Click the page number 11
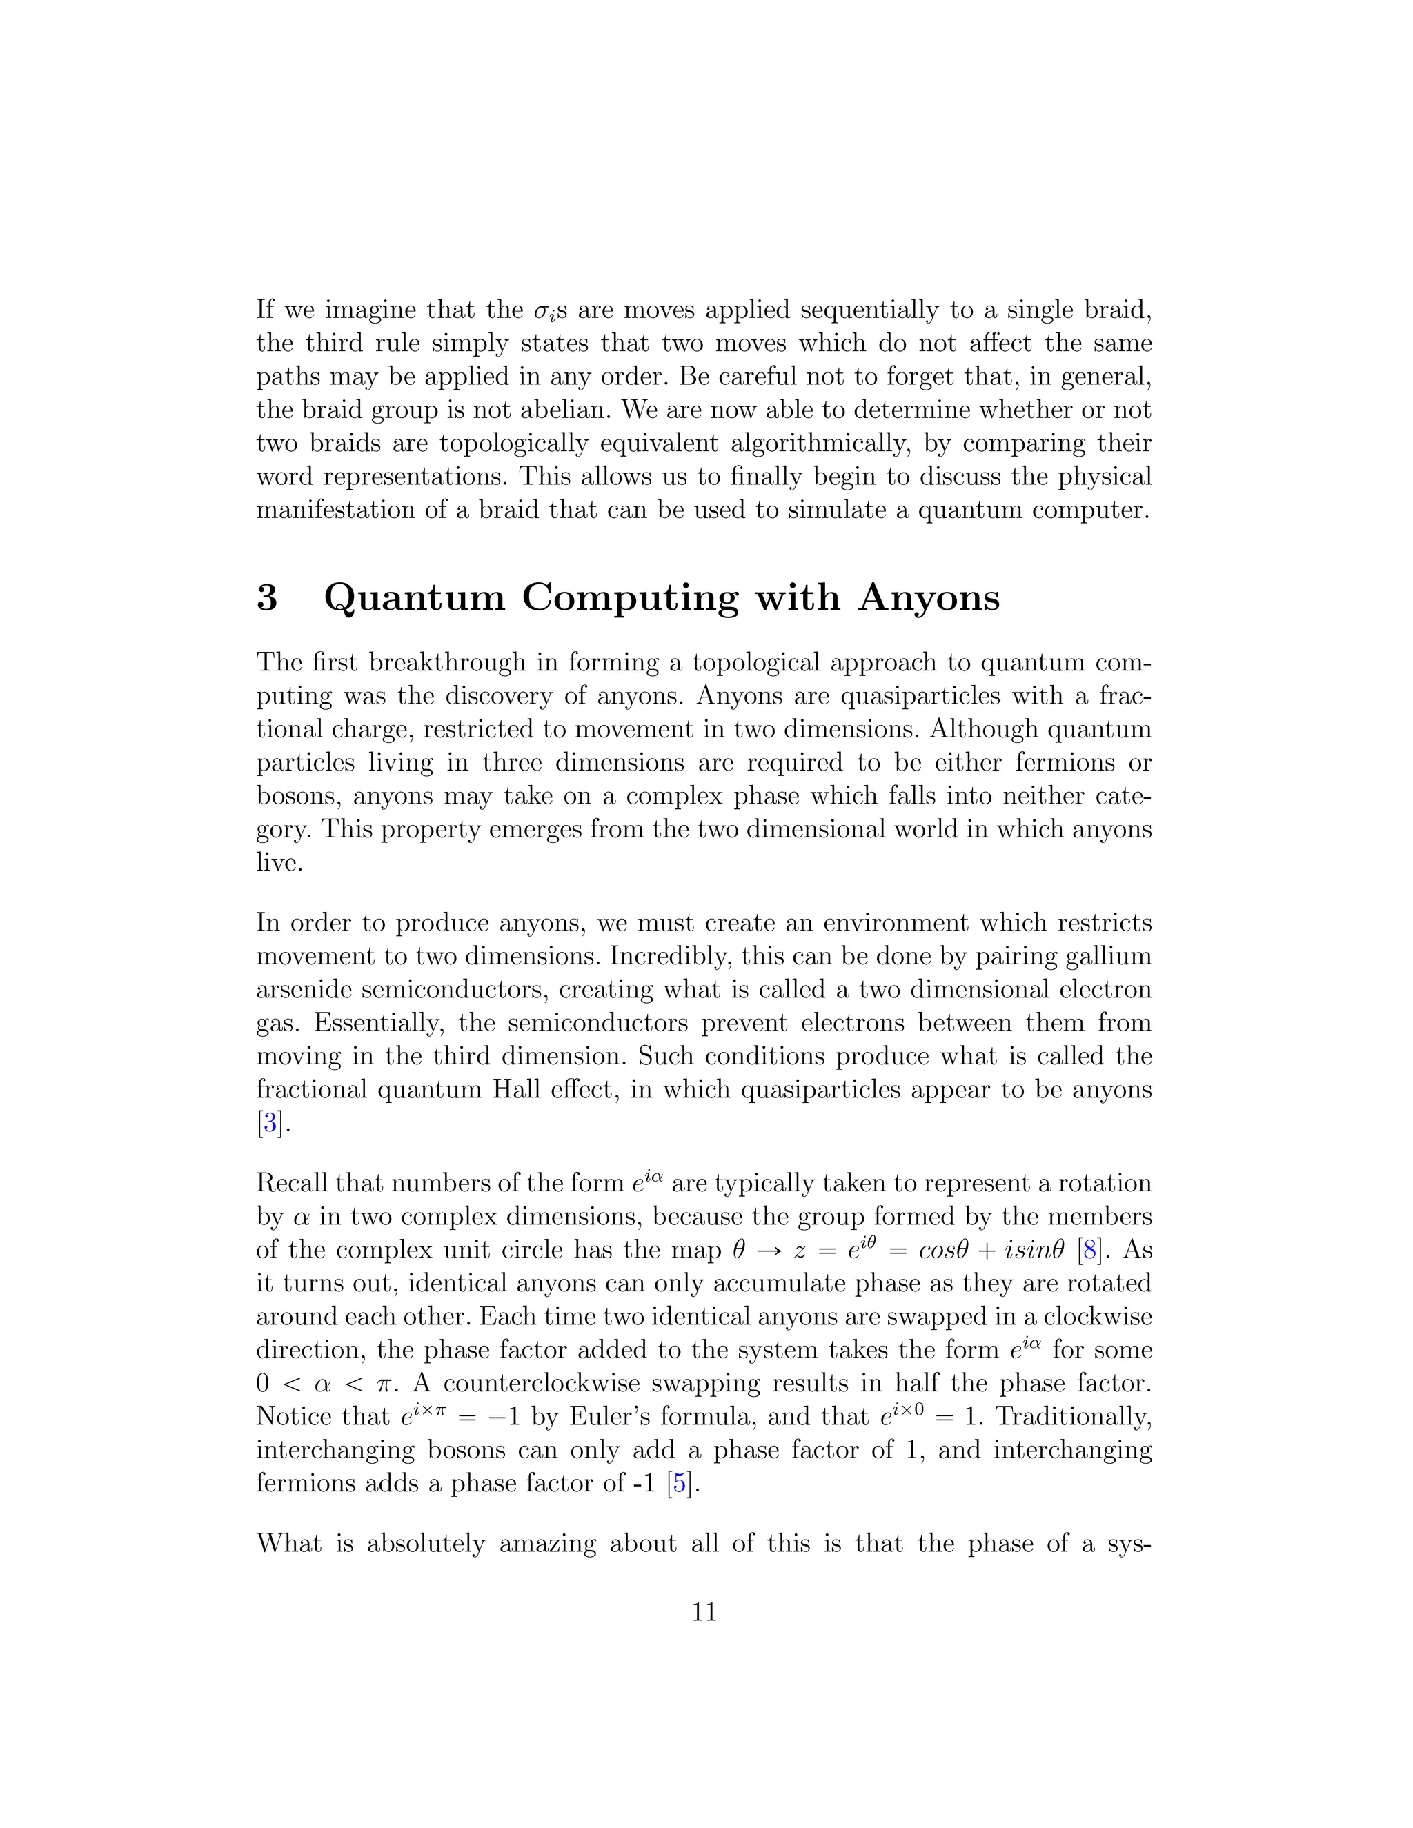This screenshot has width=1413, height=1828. click(705, 1612)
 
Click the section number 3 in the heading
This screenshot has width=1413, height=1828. click(267, 597)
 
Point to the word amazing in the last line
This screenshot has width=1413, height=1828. click(547, 1542)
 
